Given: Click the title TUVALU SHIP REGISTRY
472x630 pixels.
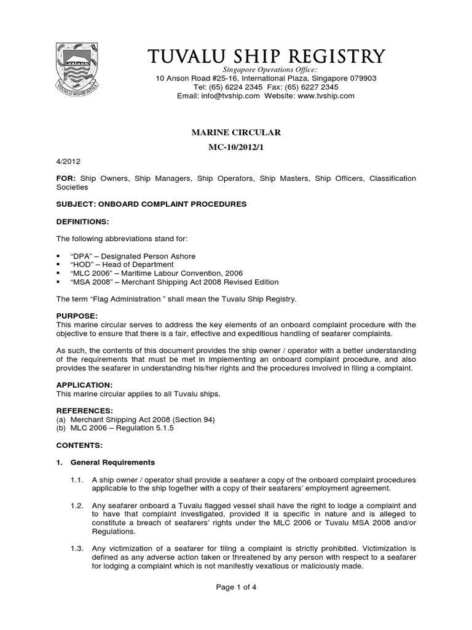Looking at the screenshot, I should tap(267, 57).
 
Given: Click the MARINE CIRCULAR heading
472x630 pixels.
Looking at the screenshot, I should tap(237, 132).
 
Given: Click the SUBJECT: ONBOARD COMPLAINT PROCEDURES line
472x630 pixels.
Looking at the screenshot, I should tap(147, 203).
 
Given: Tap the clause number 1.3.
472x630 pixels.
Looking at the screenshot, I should tap(77, 548).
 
